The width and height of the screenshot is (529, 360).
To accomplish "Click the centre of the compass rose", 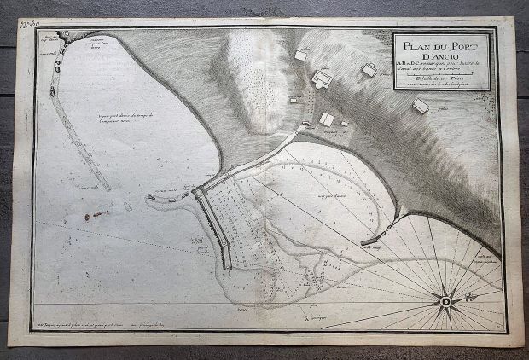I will pos(445,300).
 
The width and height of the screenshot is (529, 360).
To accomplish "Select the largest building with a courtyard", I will pos(323,80).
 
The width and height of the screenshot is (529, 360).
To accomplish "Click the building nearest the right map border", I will pos(421,106).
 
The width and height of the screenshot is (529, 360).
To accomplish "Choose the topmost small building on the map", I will pos(301,55).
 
